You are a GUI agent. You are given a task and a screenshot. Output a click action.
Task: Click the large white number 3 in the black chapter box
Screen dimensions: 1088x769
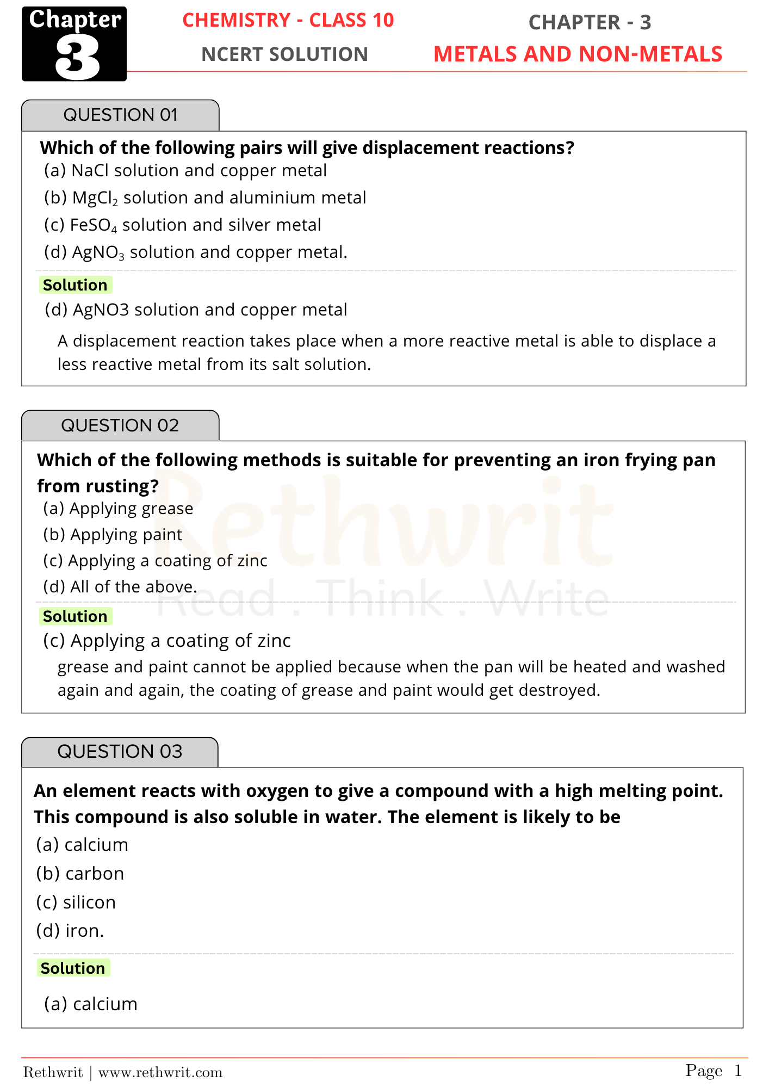tap(77, 58)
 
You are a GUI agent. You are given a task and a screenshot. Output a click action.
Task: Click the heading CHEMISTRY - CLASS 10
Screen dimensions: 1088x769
tap(288, 20)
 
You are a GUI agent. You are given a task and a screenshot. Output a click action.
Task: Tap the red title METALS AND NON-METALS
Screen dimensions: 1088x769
tap(578, 54)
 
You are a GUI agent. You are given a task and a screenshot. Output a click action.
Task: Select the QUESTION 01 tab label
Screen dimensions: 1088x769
tap(120, 115)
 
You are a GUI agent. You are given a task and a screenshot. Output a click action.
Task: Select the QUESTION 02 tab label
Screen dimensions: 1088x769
tap(120, 425)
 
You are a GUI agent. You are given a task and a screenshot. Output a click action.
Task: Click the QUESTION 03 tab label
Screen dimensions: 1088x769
tap(120, 751)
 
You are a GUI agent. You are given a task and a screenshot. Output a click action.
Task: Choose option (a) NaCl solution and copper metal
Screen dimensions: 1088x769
tap(185, 171)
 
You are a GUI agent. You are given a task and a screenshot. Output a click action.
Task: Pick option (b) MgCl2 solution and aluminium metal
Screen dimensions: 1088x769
tap(204, 198)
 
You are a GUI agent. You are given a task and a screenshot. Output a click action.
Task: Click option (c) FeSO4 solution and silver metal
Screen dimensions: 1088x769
tap(182, 225)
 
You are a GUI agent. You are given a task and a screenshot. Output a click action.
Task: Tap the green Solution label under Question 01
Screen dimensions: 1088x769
tap(75, 285)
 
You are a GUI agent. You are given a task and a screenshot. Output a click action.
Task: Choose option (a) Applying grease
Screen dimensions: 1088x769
tap(118, 509)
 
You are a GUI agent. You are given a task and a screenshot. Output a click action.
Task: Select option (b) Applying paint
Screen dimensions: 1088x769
tap(113, 535)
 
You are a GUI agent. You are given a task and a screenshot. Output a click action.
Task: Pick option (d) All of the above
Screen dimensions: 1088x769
tap(120, 587)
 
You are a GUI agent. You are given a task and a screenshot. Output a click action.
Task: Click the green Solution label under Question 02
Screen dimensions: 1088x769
tap(75, 616)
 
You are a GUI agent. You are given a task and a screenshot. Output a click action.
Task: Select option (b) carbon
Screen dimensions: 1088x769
tap(80, 874)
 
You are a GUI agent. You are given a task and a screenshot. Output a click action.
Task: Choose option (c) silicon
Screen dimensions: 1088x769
tap(76, 902)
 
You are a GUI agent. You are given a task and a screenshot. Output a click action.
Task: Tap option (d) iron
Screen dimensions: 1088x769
tap(70, 931)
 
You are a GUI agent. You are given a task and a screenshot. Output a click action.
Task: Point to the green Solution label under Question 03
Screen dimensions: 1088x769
tap(73, 968)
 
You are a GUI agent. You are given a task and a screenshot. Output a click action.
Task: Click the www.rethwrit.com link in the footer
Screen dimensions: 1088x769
tap(160, 1072)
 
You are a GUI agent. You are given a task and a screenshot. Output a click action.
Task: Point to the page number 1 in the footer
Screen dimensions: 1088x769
tap(737, 1071)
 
